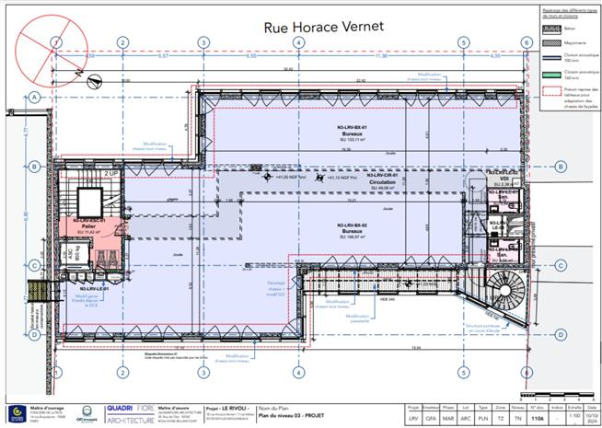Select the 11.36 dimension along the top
point(406,56)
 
